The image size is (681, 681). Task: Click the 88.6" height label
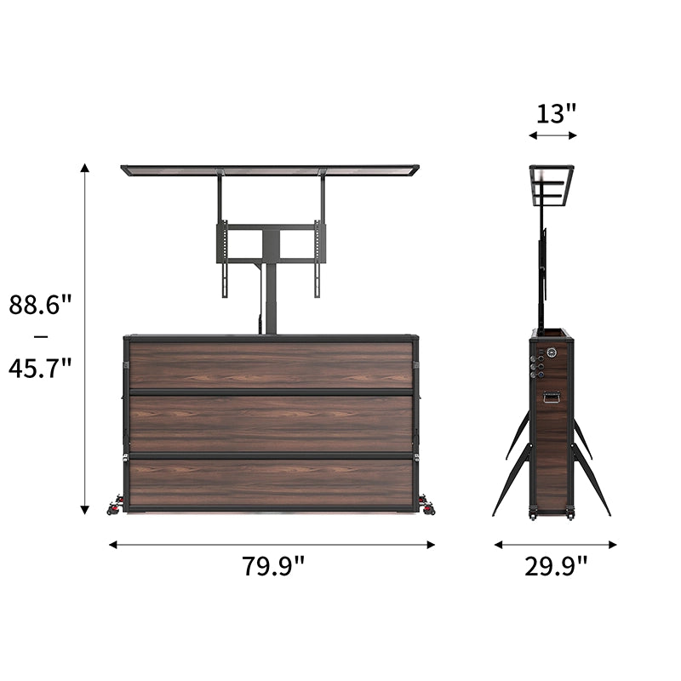pyautogui.click(x=40, y=305)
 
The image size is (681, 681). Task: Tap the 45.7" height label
pyautogui.click(x=40, y=368)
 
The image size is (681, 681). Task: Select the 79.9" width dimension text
pyautogui.click(x=272, y=566)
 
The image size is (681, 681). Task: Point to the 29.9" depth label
pyautogui.click(x=556, y=566)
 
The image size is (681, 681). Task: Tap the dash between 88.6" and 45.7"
pyautogui.click(x=40, y=336)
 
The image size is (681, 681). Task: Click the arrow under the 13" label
pyautogui.click(x=552, y=134)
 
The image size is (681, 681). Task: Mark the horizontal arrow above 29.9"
pyautogui.click(x=555, y=544)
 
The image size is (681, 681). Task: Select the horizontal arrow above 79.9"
pyautogui.click(x=272, y=544)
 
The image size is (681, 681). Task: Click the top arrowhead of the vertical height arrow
pyautogui.click(x=85, y=168)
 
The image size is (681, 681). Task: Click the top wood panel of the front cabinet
pyautogui.click(x=271, y=365)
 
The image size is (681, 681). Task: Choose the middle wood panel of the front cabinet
pyautogui.click(x=271, y=424)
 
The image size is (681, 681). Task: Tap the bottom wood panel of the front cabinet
pyautogui.click(x=271, y=483)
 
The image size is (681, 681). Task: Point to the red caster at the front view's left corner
pyautogui.click(x=113, y=510)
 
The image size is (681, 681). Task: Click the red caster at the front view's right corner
pyautogui.click(x=426, y=510)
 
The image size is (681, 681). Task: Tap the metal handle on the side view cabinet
pyautogui.click(x=552, y=396)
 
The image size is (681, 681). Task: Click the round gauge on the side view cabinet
pyautogui.click(x=552, y=351)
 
